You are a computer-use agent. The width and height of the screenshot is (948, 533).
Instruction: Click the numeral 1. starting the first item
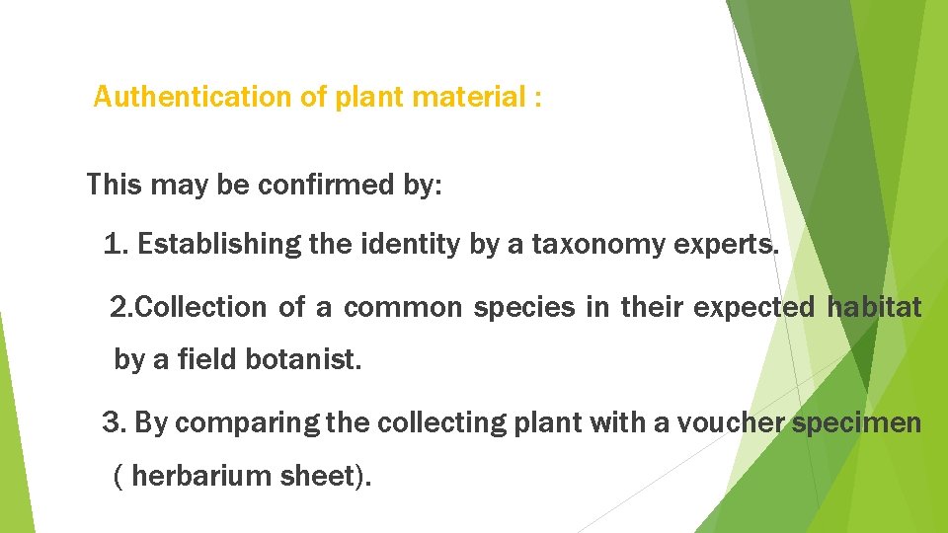[x=116, y=244]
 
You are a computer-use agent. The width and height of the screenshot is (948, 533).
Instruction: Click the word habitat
[x=874, y=307]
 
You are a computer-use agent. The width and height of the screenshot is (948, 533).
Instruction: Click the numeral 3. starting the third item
[x=114, y=423]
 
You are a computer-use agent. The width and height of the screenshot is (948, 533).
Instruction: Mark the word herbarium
[x=191, y=476]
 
